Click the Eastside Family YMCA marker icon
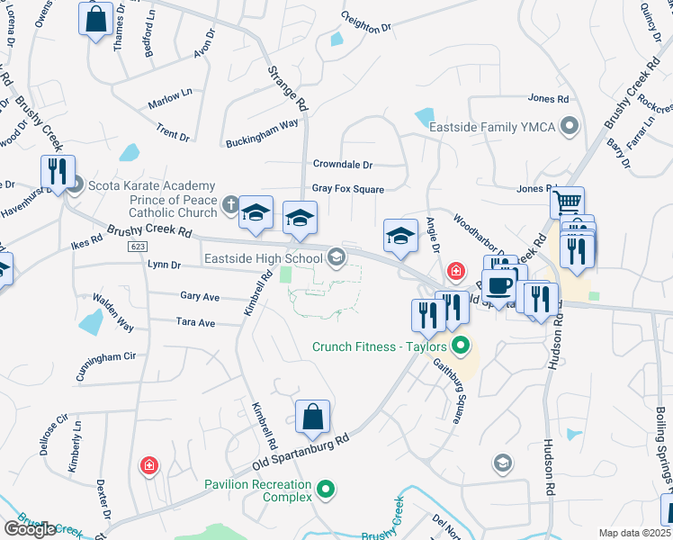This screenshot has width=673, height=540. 569,127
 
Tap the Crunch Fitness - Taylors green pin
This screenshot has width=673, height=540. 462,345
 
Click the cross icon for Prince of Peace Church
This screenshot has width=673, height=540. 230,205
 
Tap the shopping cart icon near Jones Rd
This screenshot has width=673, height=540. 567,202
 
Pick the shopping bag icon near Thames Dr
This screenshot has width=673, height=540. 94,18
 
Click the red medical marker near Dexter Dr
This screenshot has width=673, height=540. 148,465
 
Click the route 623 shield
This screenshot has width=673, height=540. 138,246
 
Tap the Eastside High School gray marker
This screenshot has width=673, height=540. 336,258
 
